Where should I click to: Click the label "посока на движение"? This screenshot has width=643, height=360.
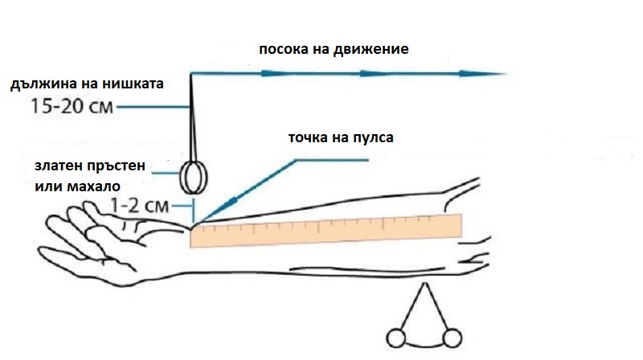point(334,49)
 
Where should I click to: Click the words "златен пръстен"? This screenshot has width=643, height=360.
point(90,166)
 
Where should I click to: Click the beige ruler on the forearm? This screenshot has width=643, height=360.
point(326,231)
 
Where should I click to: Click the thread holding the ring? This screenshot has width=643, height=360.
point(191,121)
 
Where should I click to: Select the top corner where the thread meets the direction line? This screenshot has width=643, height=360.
point(190,74)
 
